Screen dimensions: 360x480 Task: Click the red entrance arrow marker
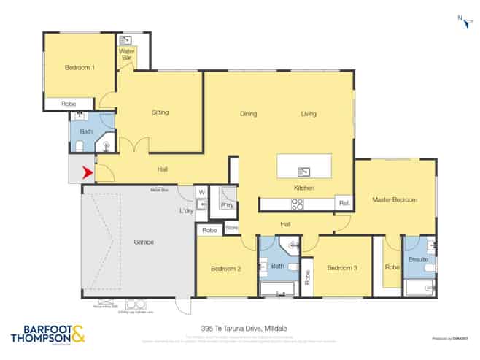coord(87,173)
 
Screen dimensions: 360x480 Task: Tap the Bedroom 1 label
coord(80,68)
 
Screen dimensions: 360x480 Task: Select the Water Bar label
coord(127,54)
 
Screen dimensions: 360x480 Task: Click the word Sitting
coord(160,112)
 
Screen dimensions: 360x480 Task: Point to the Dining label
coord(249,114)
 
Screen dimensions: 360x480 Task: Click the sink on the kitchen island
coord(303,172)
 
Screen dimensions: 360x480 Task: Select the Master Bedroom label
coord(394,199)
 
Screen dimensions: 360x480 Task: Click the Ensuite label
coord(418,260)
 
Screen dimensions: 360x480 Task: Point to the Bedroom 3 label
coord(341,268)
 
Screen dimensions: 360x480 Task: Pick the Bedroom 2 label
coord(226,269)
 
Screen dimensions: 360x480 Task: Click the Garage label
coord(144,242)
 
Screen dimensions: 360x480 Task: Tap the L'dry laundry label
coord(186,212)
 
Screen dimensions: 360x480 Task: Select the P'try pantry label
coord(228,206)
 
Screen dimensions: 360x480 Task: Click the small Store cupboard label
coord(231,229)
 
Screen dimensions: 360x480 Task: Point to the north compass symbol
coord(465,22)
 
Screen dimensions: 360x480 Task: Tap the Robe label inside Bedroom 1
coord(69,104)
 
